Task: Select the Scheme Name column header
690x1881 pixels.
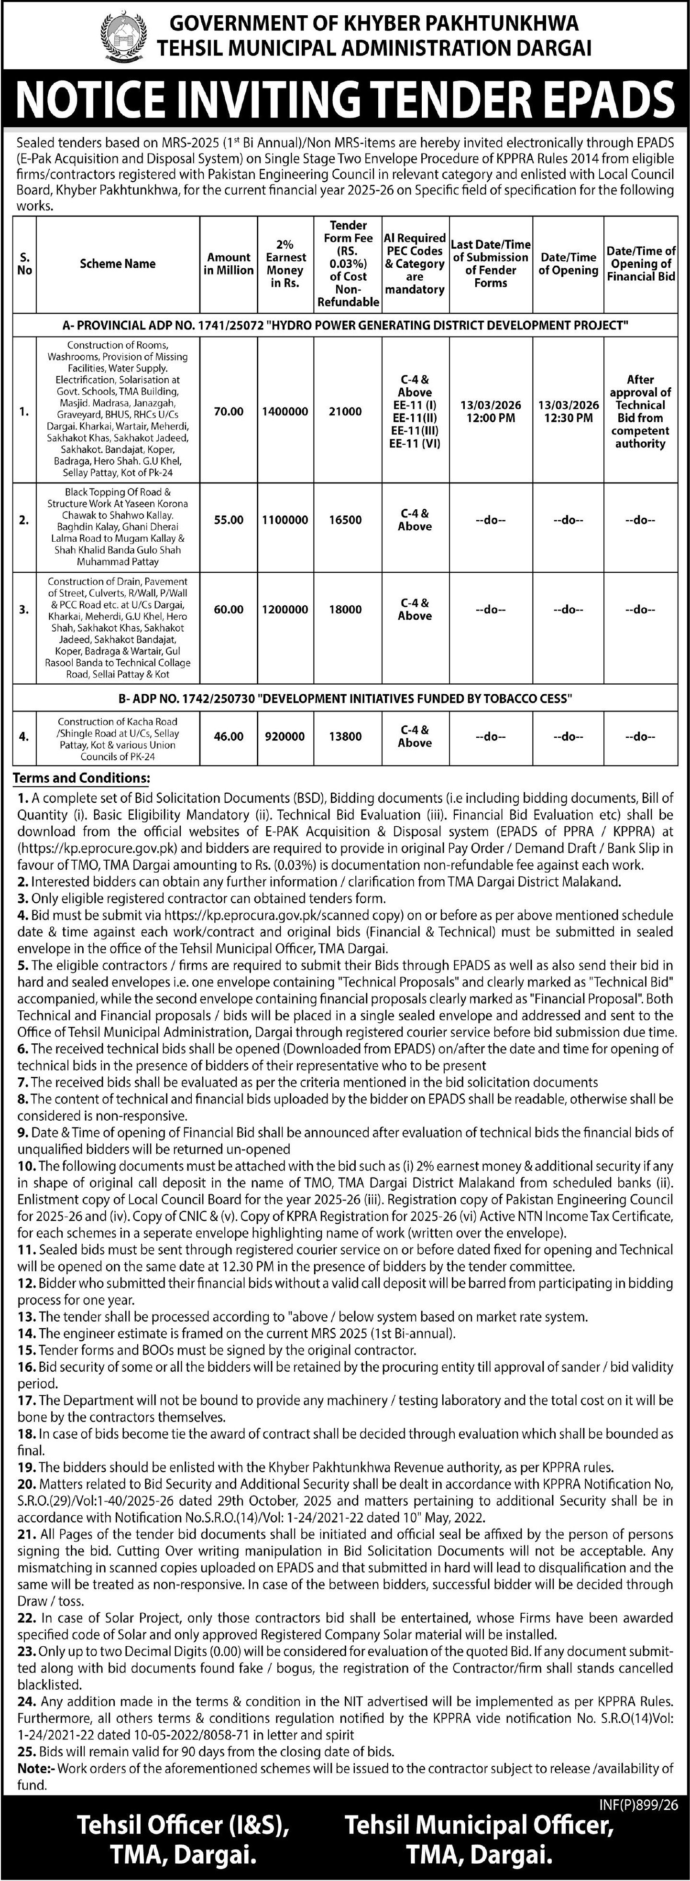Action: click(x=118, y=263)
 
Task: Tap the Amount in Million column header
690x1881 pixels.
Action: click(x=229, y=263)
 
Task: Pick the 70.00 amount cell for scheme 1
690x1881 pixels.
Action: click(x=229, y=412)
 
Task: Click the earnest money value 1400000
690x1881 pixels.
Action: click(x=285, y=412)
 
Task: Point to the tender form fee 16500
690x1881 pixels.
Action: click(x=345, y=520)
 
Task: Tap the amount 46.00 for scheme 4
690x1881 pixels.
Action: click(x=229, y=737)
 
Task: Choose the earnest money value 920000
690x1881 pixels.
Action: click(x=285, y=737)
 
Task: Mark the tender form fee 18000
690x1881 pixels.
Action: click(x=345, y=609)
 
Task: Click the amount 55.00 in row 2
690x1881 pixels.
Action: click(x=229, y=520)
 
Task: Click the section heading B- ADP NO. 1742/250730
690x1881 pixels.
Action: click(x=345, y=698)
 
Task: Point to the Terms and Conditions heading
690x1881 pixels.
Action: click(x=82, y=778)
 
